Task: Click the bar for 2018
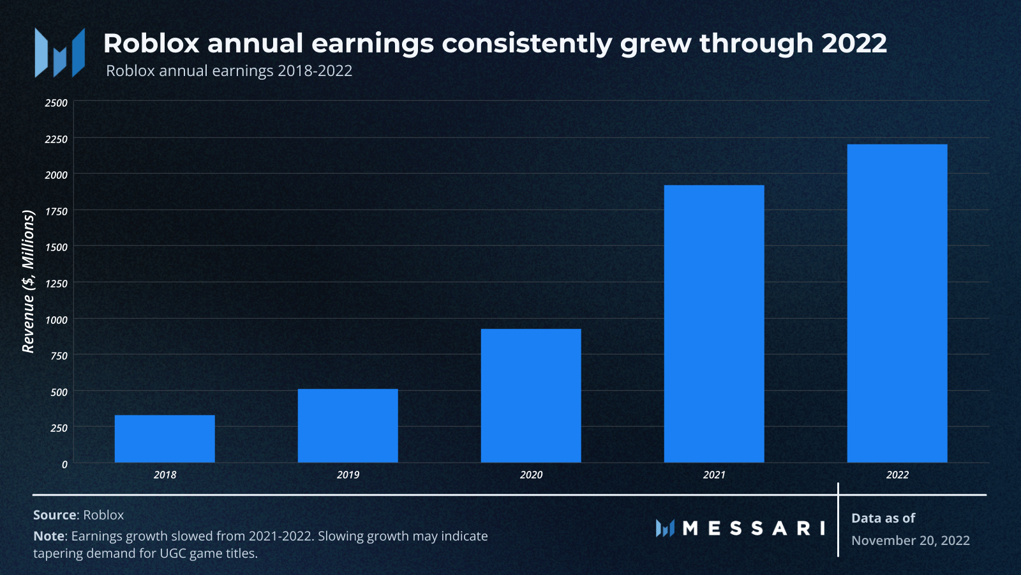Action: (x=165, y=438)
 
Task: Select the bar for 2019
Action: (x=348, y=425)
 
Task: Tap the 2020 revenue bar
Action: (x=531, y=395)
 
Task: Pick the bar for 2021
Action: (x=714, y=323)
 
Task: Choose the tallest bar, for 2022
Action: (x=897, y=303)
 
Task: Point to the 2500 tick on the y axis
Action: (x=56, y=103)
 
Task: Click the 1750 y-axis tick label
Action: (x=56, y=211)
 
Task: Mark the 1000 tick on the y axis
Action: (x=56, y=320)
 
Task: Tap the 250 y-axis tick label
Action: (x=59, y=428)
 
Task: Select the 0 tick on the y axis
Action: (x=64, y=464)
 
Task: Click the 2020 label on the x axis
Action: (x=531, y=475)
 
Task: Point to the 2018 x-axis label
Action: (x=165, y=475)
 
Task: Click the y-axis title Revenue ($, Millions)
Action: (x=28, y=282)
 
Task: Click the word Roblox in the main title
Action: (x=151, y=43)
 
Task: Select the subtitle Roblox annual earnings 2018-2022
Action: (x=229, y=71)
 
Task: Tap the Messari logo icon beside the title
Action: (x=60, y=52)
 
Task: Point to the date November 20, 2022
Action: (x=910, y=540)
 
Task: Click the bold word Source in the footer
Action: (x=55, y=515)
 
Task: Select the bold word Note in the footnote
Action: (x=48, y=536)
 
